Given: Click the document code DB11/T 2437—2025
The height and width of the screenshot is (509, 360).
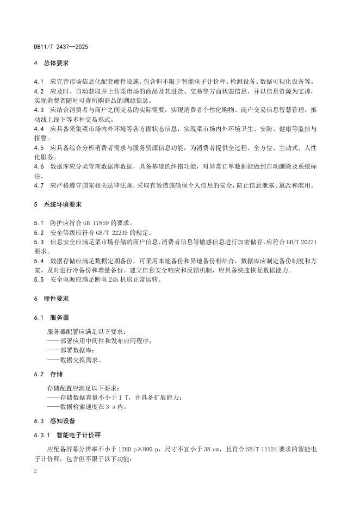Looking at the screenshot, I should pos(61,47).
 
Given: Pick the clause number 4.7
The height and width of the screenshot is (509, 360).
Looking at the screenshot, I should pos(38,185).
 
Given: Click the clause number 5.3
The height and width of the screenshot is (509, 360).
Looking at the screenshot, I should pos(38,241).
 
